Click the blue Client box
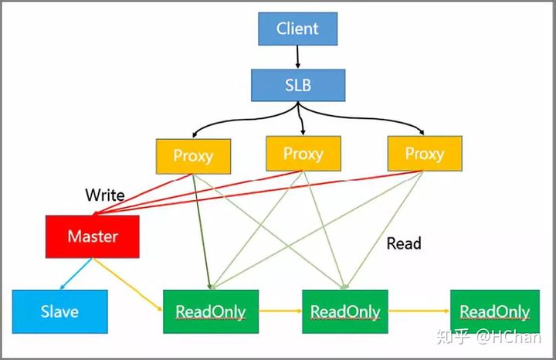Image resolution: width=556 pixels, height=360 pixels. (297, 29)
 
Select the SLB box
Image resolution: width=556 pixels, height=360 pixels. (297, 84)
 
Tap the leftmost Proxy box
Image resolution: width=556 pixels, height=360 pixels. (192, 155)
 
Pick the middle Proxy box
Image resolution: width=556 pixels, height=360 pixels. (303, 153)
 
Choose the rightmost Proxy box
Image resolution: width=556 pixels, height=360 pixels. (424, 153)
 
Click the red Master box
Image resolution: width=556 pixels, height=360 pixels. (93, 236)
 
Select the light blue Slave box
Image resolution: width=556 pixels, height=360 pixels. (59, 311)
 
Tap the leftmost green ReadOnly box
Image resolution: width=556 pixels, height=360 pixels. (210, 311)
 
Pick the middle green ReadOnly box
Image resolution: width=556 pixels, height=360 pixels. (344, 311)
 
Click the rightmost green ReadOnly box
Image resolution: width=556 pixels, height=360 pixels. (494, 311)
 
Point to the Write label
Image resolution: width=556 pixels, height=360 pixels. (105, 195)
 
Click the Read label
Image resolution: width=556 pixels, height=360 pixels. (404, 243)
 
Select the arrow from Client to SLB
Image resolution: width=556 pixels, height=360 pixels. (297, 56)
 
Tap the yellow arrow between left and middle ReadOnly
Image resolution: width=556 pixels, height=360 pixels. (279, 312)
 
